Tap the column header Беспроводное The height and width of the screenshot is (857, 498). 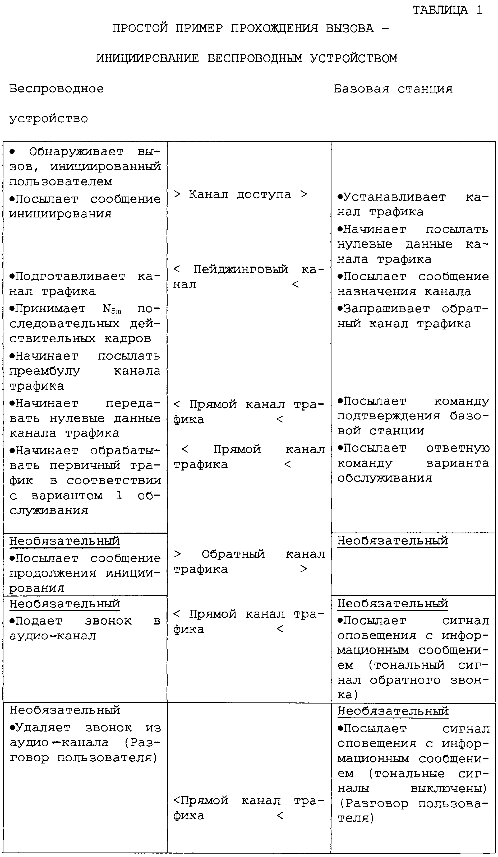[x=57, y=89]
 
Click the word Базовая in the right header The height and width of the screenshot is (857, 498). [x=361, y=89]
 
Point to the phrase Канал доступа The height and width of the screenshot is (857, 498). [x=240, y=194]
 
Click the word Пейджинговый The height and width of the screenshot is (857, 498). [x=241, y=269]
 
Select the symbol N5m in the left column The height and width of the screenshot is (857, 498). [x=112, y=309]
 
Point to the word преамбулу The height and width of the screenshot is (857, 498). [x=45, y=371]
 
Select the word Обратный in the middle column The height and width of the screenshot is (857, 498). [x=233, y=554]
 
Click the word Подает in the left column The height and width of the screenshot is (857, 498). [x=39, y=621]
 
